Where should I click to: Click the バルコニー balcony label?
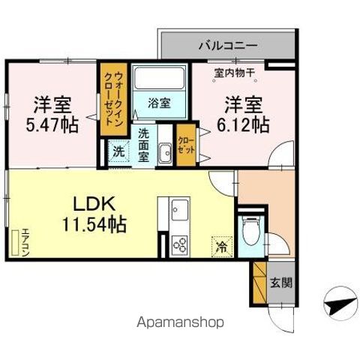228,46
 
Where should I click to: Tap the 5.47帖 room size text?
52,124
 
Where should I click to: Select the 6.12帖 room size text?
243,124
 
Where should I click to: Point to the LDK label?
94,204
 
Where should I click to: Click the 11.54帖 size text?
94,224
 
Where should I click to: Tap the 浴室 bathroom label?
159,103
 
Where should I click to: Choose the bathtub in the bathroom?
159,78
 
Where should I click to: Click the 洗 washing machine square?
118,151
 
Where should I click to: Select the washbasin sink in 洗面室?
165,152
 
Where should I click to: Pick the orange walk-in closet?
114,99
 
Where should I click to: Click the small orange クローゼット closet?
186,145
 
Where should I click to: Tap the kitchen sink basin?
179,210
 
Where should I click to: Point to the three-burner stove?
179,245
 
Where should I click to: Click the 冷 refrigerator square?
222,247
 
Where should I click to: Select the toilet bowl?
251,231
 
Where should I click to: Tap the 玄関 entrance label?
281,283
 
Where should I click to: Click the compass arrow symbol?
340,304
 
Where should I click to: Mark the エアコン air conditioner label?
25,242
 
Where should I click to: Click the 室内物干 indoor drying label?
235,73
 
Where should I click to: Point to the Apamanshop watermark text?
180,322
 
